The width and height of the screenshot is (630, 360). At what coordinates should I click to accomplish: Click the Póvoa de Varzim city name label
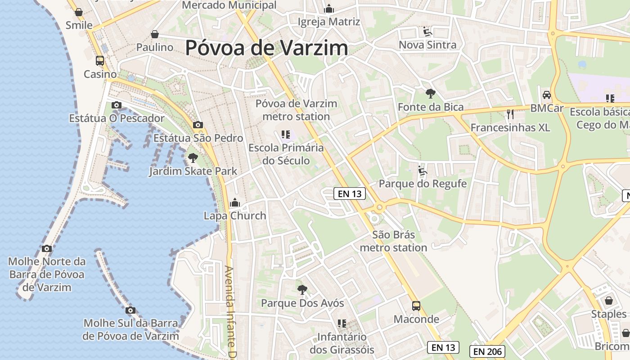266,48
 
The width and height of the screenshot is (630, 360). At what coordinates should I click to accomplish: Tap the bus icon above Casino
100,60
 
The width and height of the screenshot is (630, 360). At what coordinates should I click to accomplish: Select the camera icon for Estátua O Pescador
117,105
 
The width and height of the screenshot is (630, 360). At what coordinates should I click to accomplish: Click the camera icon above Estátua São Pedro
198,125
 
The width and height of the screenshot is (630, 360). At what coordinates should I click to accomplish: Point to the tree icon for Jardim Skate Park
193,157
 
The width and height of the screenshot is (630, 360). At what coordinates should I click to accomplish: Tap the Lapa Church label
235,216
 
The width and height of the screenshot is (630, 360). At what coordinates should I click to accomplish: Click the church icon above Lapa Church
235,203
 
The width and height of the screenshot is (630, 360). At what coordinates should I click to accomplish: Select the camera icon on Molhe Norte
46,248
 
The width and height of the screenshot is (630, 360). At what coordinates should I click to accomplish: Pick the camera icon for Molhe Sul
130,310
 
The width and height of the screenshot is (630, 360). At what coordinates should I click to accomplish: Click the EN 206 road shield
487,351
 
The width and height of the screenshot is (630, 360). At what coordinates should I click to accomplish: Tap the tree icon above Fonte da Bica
431,94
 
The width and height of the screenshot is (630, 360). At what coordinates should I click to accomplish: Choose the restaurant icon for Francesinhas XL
510,114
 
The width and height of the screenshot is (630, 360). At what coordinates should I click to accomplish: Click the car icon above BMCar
547,95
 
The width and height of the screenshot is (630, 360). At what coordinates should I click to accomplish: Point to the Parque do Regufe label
423,184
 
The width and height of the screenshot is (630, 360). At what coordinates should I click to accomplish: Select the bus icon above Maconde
416,306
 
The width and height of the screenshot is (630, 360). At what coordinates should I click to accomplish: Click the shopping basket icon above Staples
609,300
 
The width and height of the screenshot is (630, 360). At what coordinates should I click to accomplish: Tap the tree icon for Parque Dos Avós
302,290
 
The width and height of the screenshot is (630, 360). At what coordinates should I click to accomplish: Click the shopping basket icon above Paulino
155,34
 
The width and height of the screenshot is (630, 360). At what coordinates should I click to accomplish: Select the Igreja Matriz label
329,22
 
